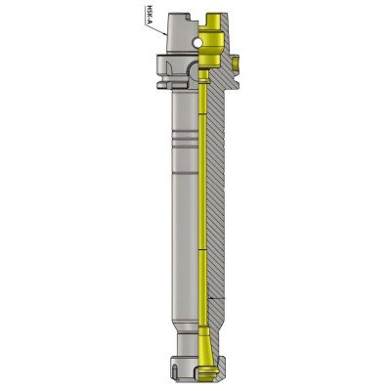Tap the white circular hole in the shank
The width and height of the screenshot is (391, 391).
[x=196, y=42]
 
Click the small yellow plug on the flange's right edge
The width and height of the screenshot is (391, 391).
[x=237, y=62]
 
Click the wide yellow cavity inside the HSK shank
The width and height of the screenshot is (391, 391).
[x=211, y=46]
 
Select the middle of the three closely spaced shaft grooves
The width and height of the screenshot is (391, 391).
[x=185, y=137]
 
